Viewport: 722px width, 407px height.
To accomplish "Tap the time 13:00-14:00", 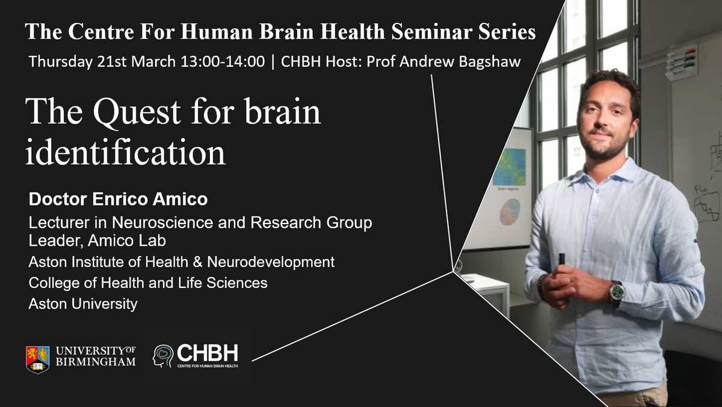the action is tap(223, 61).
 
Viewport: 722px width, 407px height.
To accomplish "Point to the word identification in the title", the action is tap(125, 151).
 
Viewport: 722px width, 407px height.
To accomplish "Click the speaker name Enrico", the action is tap(120, 199).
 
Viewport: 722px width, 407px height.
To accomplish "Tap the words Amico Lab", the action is tap(127, 240).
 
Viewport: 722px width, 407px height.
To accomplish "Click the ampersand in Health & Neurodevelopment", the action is tap(197, 262).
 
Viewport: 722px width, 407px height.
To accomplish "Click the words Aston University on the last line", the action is tap(83, 304).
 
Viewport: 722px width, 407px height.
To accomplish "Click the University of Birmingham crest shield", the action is tap(38, 360).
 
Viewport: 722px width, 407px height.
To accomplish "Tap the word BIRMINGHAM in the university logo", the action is tap(96, 361).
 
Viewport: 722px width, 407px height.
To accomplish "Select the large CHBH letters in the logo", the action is tap(208, 353).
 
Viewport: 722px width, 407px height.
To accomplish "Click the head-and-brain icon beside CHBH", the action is tap(163, 356).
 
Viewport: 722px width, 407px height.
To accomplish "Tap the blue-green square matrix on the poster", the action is tap(509, 167).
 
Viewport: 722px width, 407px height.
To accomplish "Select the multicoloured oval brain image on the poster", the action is tap(510, 212).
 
